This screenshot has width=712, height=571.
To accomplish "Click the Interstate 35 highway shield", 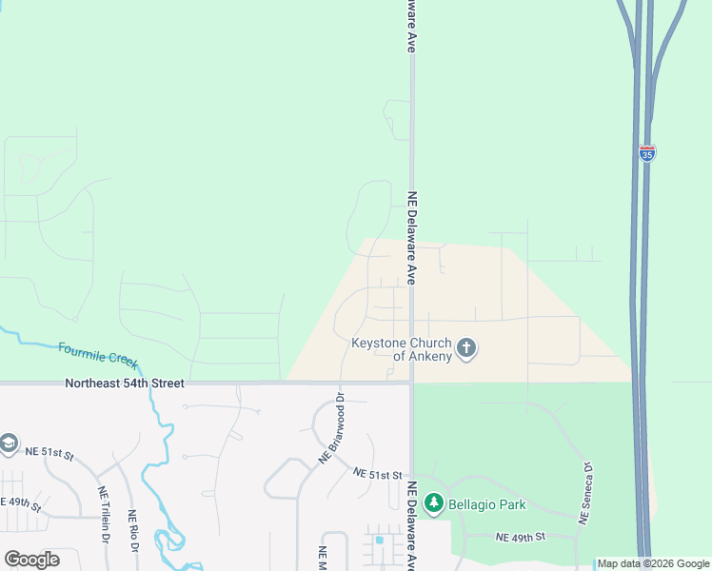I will tap(646, 152).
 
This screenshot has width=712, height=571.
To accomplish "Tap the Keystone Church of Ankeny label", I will tap(404, 349).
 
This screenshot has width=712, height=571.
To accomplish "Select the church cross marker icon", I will tap(466, 348).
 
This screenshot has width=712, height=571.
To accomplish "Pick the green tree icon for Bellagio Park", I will tap(434, 502).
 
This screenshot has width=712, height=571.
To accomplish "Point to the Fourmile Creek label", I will tap(98, 356).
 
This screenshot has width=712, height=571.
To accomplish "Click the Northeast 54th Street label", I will tap(124, 383).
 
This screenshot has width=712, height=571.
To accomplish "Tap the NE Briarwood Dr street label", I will tap(330, 428).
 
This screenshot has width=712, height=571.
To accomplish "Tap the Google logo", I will tap(31, 560).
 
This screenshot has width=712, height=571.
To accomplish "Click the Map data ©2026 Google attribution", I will tap(654, 564).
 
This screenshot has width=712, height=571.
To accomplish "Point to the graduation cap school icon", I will tap(8, 444).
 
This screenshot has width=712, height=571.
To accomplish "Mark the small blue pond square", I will tap(379, 541).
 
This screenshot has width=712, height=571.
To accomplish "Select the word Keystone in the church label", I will tap(380, 342).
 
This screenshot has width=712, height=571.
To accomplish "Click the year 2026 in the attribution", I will tap(661, 564).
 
